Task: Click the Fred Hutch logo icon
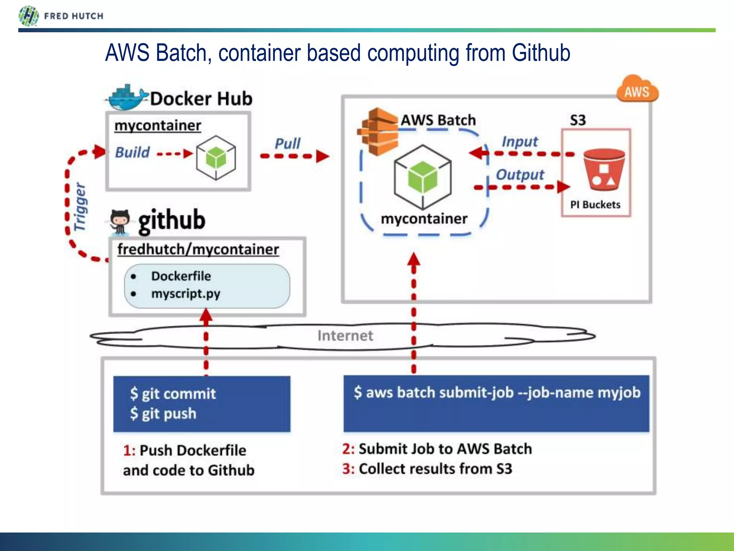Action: coord(28,16)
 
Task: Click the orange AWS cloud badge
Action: coord(637,90)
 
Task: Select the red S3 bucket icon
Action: coord(604,170)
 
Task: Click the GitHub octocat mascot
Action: coord(120,222)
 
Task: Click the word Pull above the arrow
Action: coord(287,144)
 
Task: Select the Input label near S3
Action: coord(520,142)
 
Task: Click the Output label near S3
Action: coord(520,175)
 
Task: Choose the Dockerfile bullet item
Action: coord(181,276)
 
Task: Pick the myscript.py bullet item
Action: coord(186,294)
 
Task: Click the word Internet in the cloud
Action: coord(345,336)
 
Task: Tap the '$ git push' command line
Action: coord(163,414)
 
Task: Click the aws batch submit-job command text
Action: coord(497,392)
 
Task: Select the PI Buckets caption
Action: coord(595,205)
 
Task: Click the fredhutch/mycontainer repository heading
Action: coord(198,249)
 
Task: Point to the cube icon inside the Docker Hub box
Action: coord(216,157)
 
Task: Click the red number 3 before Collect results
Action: coord(347,469)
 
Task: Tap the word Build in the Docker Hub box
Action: coord(132,152)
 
